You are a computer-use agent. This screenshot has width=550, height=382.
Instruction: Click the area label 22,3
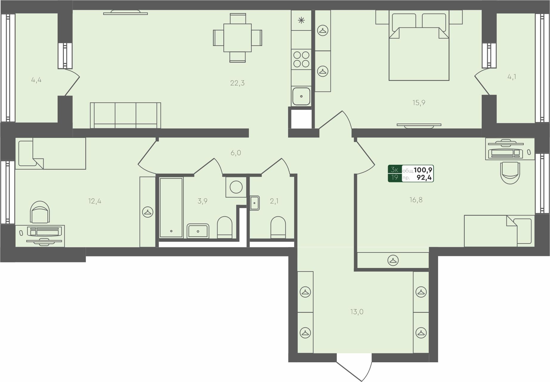(237, 83)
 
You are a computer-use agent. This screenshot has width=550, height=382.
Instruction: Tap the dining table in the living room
(237, 38)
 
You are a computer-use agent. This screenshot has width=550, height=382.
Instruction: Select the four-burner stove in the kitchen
(301, 59)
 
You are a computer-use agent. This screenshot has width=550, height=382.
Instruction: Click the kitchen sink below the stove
(301, 96)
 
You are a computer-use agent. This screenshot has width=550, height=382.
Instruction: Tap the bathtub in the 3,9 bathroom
(171, 207)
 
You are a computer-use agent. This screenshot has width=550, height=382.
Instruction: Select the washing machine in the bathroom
(236, 187)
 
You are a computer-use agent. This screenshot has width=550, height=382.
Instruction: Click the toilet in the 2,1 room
(278, 227)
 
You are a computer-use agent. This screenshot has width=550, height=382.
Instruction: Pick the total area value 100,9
(423, 170)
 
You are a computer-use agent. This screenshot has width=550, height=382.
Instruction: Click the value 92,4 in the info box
(424, 178)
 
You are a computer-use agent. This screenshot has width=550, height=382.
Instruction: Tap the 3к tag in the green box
(395, 170)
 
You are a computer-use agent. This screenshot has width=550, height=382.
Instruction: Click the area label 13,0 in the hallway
(357, 312)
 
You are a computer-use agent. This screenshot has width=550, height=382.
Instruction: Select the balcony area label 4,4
(36, 80)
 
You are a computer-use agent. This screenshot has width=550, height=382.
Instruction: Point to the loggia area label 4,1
(512, 77)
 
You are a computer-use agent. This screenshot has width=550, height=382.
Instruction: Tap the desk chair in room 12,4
(40, 212)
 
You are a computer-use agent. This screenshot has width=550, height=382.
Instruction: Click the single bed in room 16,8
(499, 231)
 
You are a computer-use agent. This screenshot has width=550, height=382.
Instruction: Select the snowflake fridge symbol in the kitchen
(301, 20)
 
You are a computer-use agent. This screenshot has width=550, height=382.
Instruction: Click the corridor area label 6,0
(236, 153)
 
